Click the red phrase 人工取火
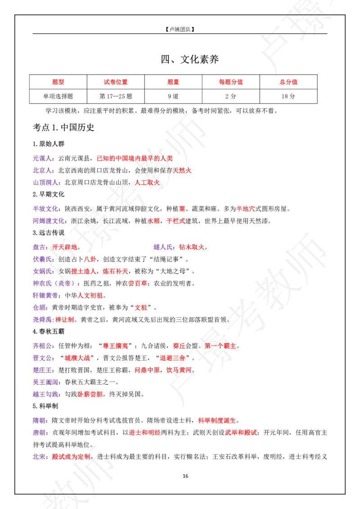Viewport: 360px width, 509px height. [146, 183]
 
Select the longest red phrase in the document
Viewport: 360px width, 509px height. [139, 158]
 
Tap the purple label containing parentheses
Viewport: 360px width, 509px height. [54, 283]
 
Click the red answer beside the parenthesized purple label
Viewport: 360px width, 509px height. [137, 283]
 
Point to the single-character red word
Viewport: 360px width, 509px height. [182, 209]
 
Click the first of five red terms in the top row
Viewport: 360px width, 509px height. [58, 82]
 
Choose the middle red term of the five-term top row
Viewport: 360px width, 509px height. [173, 82]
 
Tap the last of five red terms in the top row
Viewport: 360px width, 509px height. [288, 82]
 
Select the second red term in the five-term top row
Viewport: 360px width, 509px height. [116, 82]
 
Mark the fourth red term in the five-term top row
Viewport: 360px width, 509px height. [231, 82]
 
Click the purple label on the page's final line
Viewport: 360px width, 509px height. [39, 457]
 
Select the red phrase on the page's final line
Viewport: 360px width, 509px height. [71, 457]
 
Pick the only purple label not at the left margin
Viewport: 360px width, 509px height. [162, 247]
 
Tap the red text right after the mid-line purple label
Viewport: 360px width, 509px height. [191, 247]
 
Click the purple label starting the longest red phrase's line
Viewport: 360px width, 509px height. [41, 158]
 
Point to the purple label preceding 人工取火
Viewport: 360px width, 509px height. [45, 183]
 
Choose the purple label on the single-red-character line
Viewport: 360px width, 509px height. [45, 209]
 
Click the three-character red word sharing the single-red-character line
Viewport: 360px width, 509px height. [246, 209]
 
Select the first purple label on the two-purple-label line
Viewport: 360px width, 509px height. [39, 247]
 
